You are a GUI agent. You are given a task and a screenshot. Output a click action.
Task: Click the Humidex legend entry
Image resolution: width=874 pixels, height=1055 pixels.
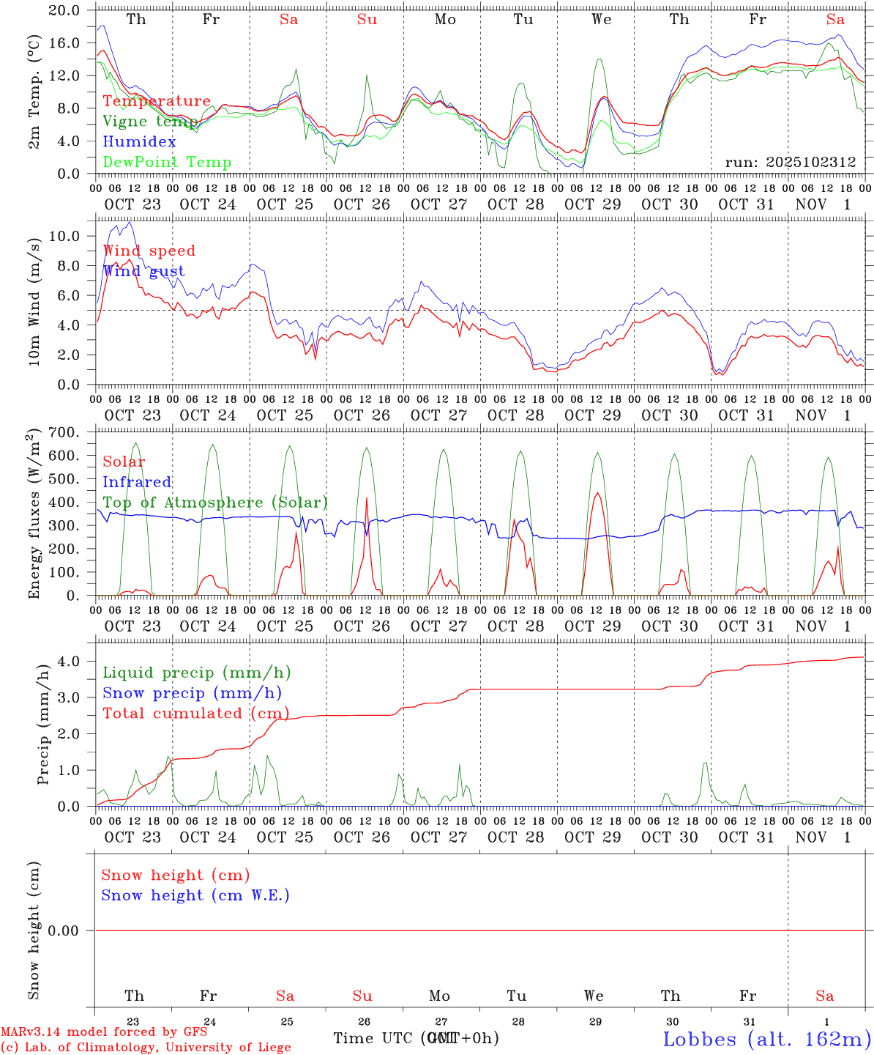(x=139, y=142)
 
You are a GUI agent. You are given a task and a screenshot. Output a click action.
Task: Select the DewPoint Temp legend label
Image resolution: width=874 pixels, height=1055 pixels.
(x=167, y=163)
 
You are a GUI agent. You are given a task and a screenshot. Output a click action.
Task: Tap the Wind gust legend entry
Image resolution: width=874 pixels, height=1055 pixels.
(x=143, y=271)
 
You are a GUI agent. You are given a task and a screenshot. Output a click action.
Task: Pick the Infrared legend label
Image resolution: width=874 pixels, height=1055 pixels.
(x=137, y=482)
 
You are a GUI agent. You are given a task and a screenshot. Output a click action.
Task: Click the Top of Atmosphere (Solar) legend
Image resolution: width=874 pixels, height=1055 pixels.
(x=215, y=503)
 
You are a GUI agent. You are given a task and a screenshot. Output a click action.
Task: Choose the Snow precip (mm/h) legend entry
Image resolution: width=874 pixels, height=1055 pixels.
(x=192, y=693)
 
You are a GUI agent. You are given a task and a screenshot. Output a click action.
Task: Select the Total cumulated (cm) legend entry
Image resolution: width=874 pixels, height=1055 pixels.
(x=195, y=714)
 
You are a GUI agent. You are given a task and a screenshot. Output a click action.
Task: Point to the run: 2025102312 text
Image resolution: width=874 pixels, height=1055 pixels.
(x=791, y=163)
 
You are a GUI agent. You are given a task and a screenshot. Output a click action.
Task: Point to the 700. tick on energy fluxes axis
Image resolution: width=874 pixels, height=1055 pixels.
(x=67, y=432)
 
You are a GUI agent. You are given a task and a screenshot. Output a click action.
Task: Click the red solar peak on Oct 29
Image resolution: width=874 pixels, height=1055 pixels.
(x=597, y=493)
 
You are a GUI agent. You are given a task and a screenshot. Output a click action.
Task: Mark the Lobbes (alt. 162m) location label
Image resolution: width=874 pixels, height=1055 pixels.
(x=766, y=1039)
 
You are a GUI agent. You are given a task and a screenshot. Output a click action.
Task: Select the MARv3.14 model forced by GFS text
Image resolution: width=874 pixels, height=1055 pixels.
(x=104, y=1032)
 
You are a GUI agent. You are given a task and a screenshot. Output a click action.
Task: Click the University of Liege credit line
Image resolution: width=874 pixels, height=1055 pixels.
(x=146, y=1048)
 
